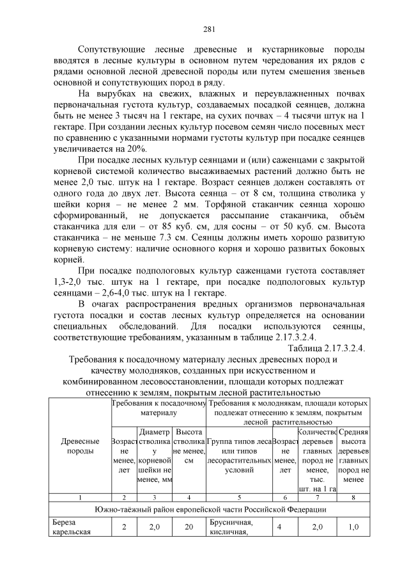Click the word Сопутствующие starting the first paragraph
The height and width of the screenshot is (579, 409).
(111, 49)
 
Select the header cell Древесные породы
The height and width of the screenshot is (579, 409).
(80, 447)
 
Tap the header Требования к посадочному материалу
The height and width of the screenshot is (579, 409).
(158, 409)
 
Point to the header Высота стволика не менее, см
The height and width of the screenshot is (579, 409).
(189, 446)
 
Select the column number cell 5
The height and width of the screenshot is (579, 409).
(239, 496)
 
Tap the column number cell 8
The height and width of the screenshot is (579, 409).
(353, 496)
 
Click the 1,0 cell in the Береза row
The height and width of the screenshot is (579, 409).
(353, 527)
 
